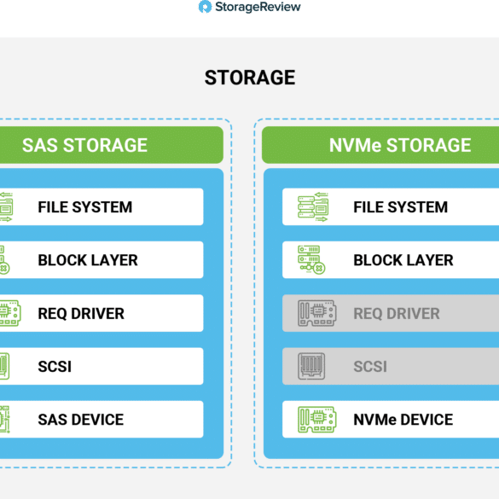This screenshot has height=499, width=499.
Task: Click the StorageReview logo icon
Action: point(205,7)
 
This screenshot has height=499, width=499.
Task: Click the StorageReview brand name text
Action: point(258,7)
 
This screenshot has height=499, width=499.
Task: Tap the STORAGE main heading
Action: point(250,78)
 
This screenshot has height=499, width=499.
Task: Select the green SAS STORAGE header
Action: point(112,145)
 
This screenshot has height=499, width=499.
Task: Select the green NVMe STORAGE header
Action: point(380,145)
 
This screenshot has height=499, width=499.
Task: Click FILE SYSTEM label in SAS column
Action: point(85,207)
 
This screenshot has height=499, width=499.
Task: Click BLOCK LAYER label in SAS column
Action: point(88,260)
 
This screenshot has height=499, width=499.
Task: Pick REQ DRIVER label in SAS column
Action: point(81,313)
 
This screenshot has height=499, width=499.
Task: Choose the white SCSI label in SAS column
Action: point(55,367)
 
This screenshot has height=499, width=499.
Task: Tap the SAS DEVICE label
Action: point(81,420)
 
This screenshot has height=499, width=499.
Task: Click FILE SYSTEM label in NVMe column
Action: point(401,207)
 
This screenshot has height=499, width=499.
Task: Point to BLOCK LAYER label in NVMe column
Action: point(403,260)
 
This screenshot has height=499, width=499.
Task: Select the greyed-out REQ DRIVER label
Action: point(397,313)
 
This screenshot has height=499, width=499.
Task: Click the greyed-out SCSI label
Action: point(370,367)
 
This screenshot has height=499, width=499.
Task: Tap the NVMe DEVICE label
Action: point(403,420)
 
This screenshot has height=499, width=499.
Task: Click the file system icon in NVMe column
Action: point(313,207)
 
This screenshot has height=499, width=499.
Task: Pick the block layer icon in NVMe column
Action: point(311,259)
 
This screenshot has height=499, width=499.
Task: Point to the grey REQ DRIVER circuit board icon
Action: point(317,313)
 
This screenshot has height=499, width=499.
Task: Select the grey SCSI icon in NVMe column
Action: point(311,366)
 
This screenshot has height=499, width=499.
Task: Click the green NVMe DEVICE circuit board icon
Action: point(317,420)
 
